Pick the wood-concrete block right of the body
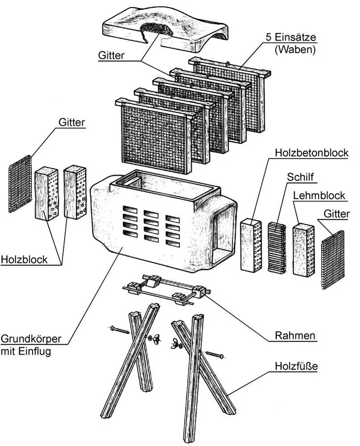pyautogui.click(x=252, y=246)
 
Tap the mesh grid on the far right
pyautogui.click(x=333, y=259)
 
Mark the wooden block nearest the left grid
pyautogui.click(x=46, y=194)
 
